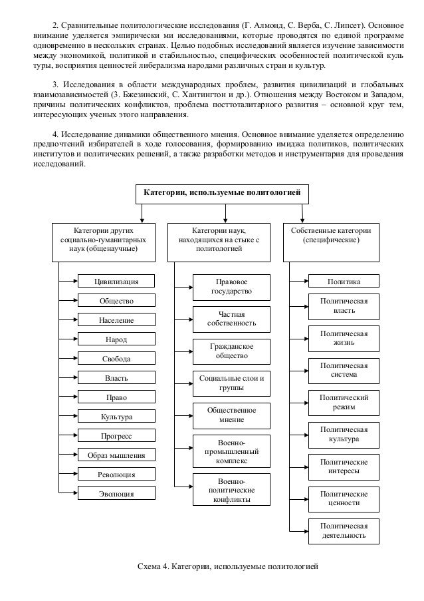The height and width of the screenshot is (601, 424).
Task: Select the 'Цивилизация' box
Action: pyautogui.click(x=116, y=282)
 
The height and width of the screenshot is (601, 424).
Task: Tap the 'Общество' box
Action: pyautogui.click(x=116, y=301)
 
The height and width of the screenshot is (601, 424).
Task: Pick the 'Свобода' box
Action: pyautogui.click(x=116, y=359)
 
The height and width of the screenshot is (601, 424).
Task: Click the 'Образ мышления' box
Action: pyautogui.click(x=116, y=455)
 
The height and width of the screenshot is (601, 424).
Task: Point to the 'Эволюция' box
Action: pyautogui.click(x=116, y=494)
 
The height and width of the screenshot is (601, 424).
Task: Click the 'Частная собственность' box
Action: pyautogui.click(x=231, y=319)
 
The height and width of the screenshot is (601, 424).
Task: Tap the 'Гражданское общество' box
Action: pyautogui.click(x=231, y=351)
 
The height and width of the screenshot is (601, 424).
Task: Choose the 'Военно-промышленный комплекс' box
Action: pyautogui.click(x=231, y=451)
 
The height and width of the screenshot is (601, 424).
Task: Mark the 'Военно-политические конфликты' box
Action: pyautogui.click(x=231, y=490)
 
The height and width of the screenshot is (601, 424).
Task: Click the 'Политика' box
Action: pyautogui.click(x=344, y=282)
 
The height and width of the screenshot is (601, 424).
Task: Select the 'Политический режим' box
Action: pyautogui.click(x=344, y=401)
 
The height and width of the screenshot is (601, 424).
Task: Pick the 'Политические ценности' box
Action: pyautogui.click(x=344, y=499)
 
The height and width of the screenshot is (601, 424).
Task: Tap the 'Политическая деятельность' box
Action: pyautogui.click(x=344, y=530)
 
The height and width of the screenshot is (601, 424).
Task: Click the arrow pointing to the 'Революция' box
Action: pyautogui.click(x=69, y=475)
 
